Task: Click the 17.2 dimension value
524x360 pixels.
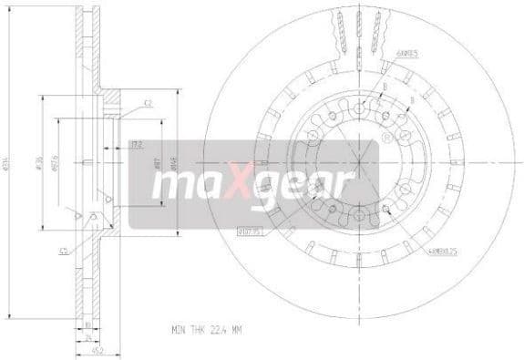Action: (138, 144)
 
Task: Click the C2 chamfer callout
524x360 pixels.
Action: (148, 103)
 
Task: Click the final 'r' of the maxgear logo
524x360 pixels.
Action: (342, 187)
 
